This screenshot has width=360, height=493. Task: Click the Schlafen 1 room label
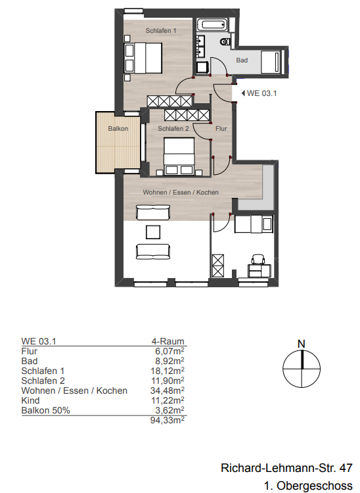(x=160, y=31)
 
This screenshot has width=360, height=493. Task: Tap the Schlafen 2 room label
(x=173, y=129)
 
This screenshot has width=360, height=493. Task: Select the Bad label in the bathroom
(x=242, y=60)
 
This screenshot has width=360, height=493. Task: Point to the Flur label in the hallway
(x=221, y=129)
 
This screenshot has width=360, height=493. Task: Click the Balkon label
(x=118, y=129)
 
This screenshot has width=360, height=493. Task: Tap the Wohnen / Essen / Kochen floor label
(x=181, y=192)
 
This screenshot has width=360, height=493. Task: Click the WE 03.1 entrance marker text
(x=261, y=93)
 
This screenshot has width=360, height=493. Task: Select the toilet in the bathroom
(x=226, y=41)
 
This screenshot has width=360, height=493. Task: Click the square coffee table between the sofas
(x=153, y=231)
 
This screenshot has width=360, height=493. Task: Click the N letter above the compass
(x=302, y=343)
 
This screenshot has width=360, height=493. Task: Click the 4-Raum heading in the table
(x=168, y=342)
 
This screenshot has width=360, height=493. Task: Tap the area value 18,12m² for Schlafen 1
(x=168, y=371)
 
